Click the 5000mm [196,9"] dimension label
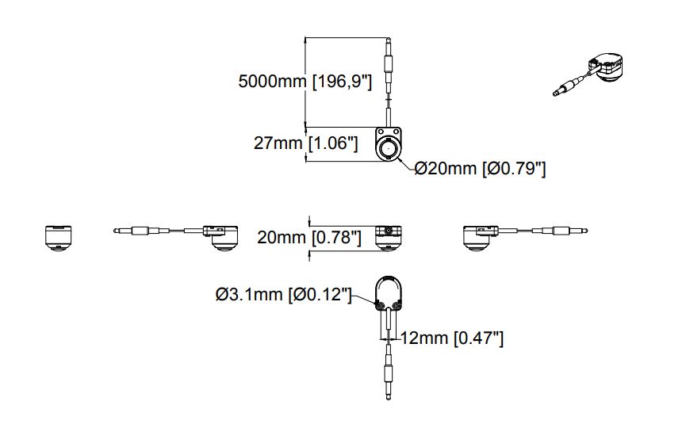tap(305, 82)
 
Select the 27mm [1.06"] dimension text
tap(306, 143)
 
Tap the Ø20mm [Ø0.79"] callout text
tap(480, 168)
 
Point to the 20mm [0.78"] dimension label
tap(309, 237)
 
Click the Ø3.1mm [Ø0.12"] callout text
tap(283, 294)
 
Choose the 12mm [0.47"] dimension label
tap(452, 338)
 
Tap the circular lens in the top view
tap(388, 150)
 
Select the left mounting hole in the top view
tap(381, 131)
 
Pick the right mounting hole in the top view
tap(396, 131)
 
